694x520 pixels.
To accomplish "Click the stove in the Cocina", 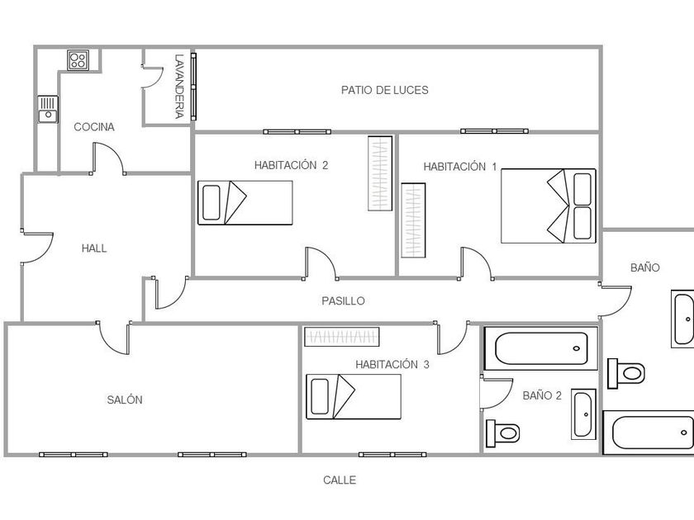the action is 78,59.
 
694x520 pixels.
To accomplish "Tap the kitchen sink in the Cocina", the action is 47,109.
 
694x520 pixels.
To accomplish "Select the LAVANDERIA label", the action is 178,87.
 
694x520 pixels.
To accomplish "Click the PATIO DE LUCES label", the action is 385,90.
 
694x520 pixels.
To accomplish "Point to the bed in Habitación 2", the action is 245,202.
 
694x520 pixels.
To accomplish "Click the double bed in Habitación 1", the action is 549,206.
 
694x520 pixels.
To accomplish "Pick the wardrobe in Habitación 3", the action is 342,337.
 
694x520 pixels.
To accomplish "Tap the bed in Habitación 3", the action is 354,397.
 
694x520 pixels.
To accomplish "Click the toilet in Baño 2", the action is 503,433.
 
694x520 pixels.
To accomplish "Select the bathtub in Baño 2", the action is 541,348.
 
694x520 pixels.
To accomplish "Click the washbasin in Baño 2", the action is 583,414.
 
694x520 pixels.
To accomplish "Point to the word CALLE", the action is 340,480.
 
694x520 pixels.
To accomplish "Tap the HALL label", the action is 94,248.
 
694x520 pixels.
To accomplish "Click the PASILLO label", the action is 343,301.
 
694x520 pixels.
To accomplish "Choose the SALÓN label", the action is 125,399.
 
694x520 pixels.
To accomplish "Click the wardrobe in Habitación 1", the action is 413,220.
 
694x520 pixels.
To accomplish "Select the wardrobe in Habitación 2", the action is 380,173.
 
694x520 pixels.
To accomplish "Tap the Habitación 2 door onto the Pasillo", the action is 321,263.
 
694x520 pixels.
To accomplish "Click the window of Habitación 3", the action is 392,455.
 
